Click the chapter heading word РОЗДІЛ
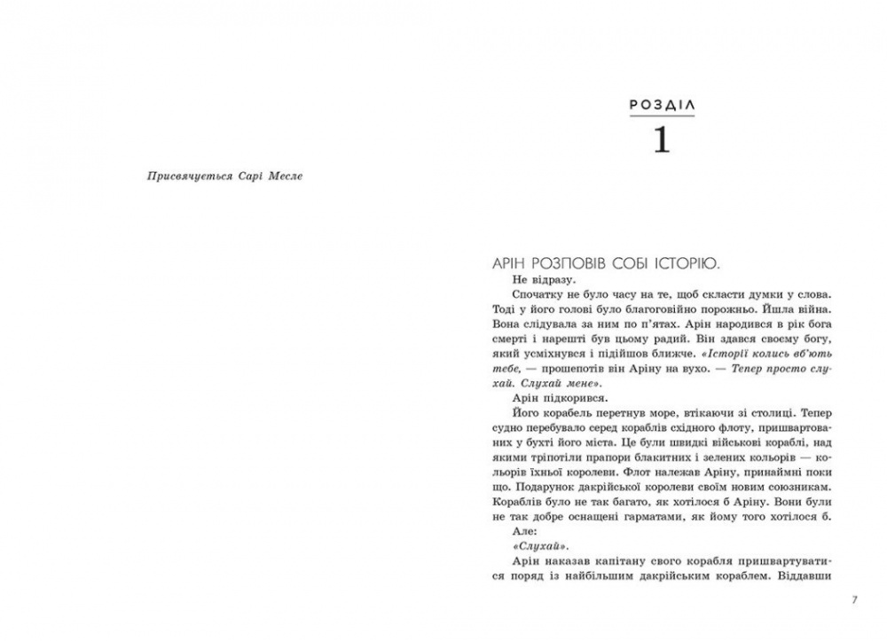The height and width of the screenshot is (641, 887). pos(661,105)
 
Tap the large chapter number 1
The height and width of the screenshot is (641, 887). pos(661,140)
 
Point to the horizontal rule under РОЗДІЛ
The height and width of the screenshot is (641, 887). pos(661,119)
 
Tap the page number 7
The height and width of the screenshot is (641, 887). pos(853,600)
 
